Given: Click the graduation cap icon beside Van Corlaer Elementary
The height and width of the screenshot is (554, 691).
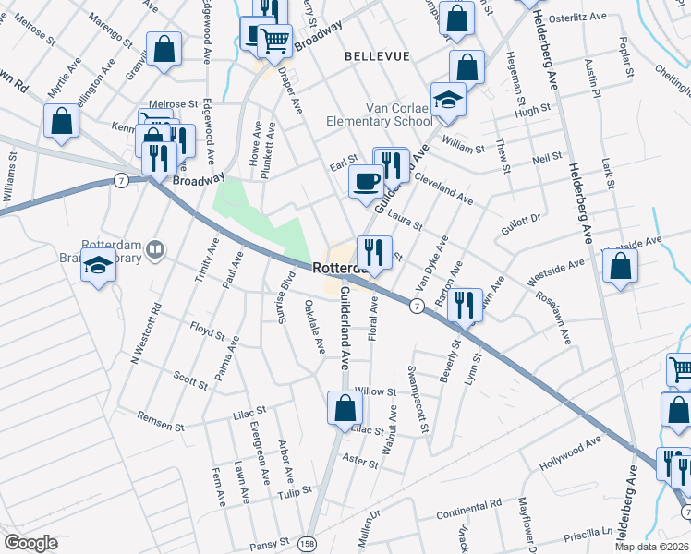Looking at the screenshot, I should point(448,100).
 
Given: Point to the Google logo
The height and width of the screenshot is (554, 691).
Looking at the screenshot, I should point(31,543).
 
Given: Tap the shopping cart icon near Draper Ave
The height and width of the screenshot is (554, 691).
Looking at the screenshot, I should point(274,40).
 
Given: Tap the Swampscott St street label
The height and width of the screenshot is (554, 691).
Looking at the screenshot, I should point(418,397).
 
